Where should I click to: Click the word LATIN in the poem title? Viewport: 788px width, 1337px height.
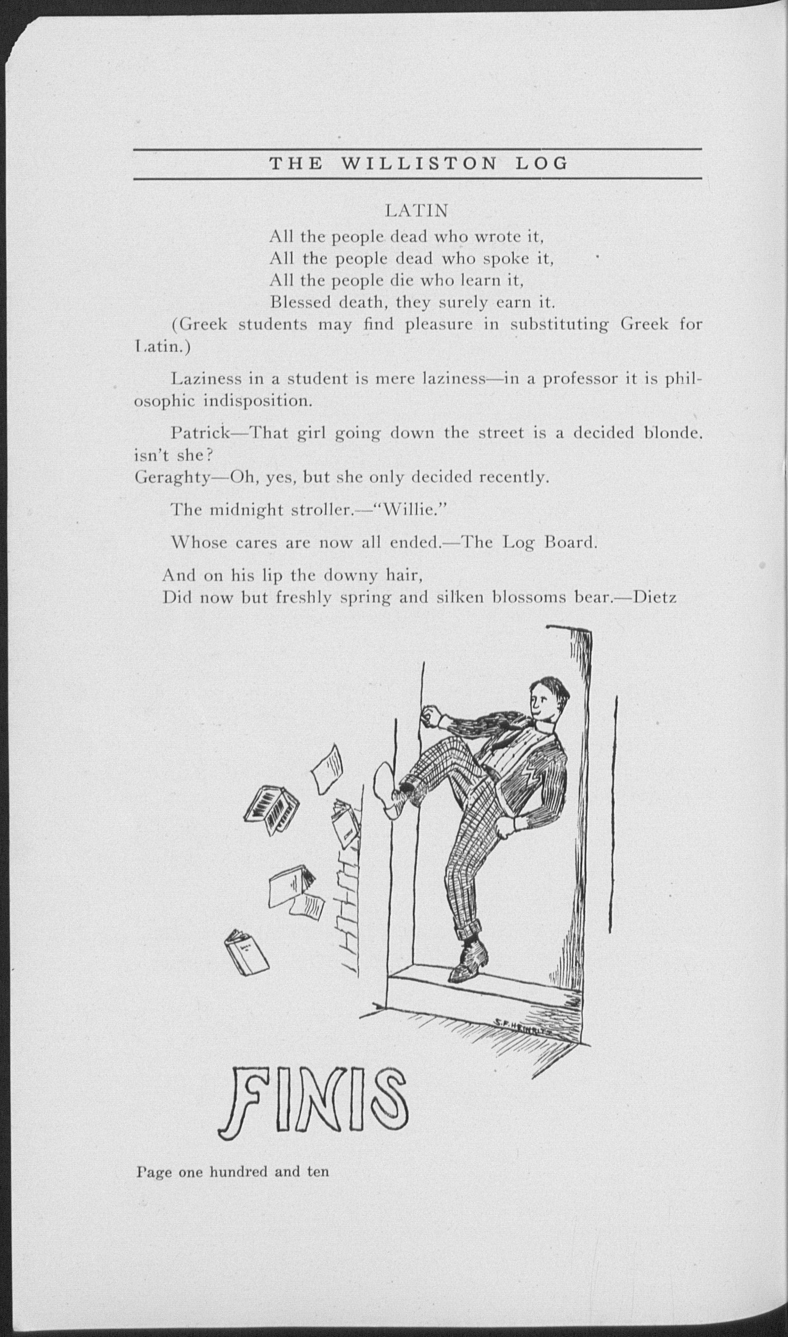pos(416,211)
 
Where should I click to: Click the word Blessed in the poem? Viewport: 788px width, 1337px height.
pos(301,302)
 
